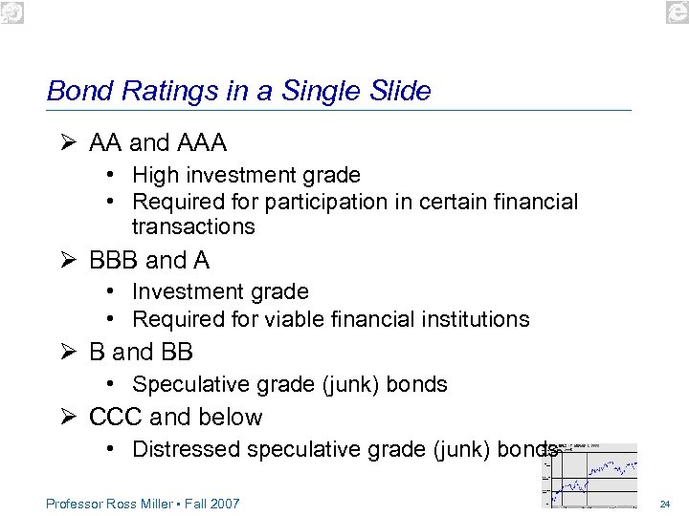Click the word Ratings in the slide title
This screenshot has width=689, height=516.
click(x=156, y=92)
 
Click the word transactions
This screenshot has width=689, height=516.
click(x=193, y=227)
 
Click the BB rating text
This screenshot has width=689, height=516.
click(x=177, y=353)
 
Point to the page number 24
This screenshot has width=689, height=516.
click(x=664, y=504)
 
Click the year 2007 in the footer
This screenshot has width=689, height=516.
click(x=224, y=504)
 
